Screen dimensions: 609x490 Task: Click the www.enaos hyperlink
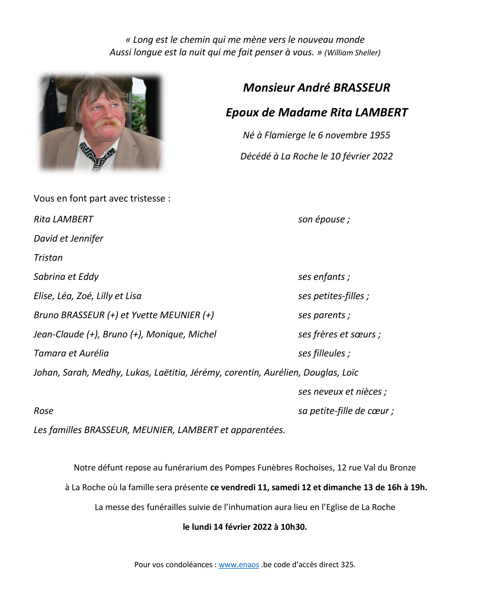239,565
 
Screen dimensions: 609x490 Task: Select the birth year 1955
380,135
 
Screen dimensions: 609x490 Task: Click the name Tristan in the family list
48,257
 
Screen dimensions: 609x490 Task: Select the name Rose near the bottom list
44,411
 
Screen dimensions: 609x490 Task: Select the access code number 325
348,565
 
